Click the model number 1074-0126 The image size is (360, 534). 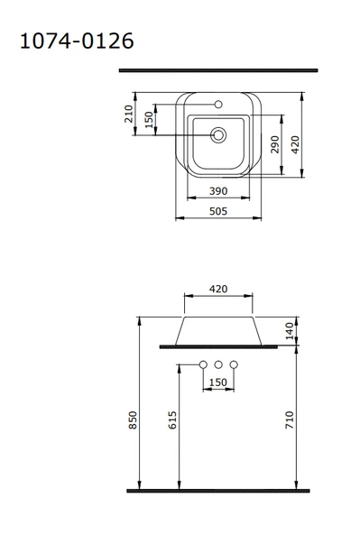(x=77, y=41)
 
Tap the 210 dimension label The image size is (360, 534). (x=128, y=114)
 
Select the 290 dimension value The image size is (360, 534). (x=275, y=144)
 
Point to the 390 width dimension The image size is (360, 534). (x=218, y=191)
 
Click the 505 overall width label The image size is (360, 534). (x=218, y=211)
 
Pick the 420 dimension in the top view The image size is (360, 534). (x=295, y=144)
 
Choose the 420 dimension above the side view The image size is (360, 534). (x=218, y=289)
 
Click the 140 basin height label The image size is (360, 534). (x=289, y=331)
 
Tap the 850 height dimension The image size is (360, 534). (x=133, y=420)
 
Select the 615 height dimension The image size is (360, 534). (x=172, y=420)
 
